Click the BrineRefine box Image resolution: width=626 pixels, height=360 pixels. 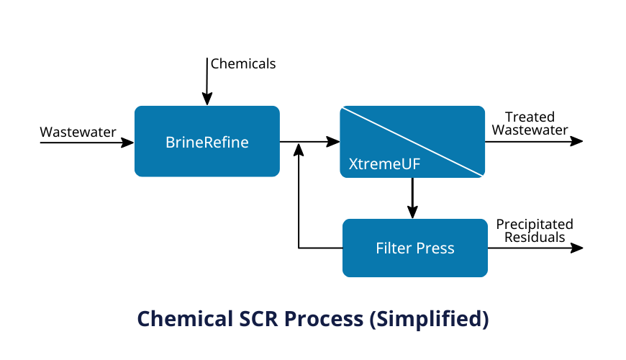click(207, 142)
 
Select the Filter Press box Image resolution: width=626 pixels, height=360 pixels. click(415, 248)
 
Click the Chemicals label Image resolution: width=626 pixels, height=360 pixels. click(243, 63)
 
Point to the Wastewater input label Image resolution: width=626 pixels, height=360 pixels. click(78, 132)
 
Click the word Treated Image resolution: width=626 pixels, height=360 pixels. click(530, 117)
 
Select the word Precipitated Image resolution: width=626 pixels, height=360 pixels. click(535, 225)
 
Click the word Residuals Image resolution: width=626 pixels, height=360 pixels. click(535, 237)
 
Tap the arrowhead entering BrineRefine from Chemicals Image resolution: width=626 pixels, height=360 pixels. click(207, 100)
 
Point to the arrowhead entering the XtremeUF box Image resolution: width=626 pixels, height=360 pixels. click(334, 142)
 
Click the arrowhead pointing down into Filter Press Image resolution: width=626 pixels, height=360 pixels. click(412, 212)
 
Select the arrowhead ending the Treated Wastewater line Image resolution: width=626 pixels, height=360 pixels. click(577, 141)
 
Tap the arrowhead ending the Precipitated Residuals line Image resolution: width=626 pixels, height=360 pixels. click(577, 248)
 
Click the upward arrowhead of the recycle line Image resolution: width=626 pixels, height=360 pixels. click(299, 148)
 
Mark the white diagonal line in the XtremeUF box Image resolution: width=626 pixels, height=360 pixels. click(412, 141)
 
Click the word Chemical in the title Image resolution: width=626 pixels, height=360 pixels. click(181, 318)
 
